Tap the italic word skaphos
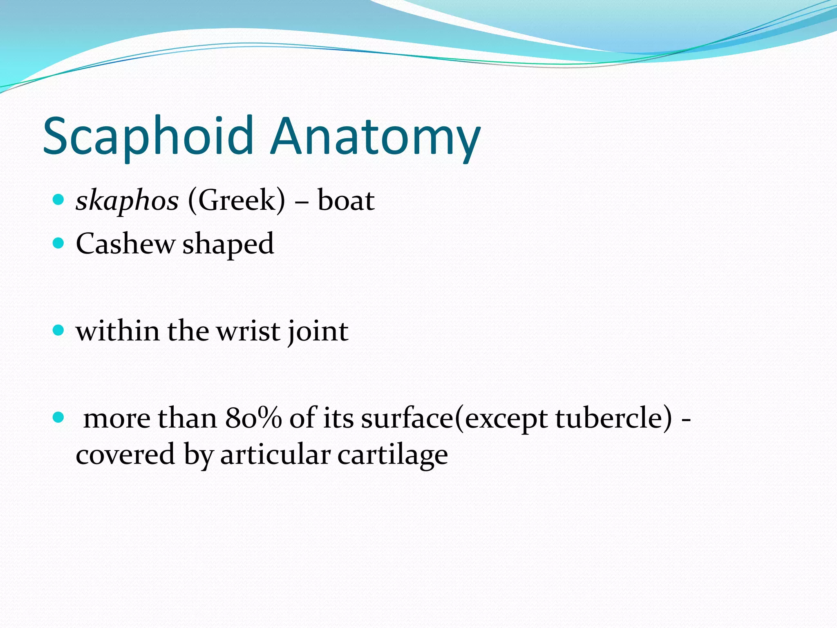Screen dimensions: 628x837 click(127, 201)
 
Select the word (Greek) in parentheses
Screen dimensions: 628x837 click(236, 201)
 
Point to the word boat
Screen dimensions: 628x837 click(346, 201)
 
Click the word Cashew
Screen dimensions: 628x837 click(125, 244)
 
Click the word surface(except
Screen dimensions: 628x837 click(454, 419)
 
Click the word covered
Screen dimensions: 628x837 click(125, 455)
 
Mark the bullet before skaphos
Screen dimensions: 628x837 click(59, 200)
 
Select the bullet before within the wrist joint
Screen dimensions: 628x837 click(59, 330)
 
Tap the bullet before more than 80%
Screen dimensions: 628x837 click(59, 417)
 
